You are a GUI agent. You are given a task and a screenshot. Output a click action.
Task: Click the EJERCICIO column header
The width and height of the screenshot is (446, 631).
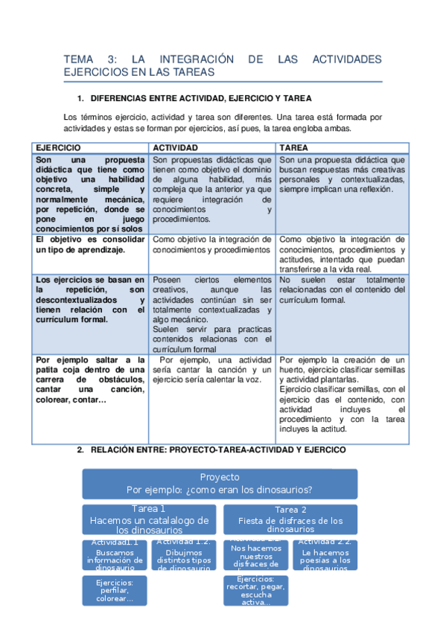tap(58, 148)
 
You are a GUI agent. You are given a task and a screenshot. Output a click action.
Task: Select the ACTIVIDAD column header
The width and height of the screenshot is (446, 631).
tap(175, 148)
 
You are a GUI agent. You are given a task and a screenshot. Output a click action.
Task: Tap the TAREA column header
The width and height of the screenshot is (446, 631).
tap(295, 148)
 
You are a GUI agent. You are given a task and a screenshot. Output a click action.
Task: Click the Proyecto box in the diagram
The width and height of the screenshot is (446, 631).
tap(220, 483)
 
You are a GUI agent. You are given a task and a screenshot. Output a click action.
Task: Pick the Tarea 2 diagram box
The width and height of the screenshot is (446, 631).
tap(290, 519)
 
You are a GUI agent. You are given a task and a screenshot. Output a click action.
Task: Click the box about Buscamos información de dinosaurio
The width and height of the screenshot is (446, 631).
tap(115, 555)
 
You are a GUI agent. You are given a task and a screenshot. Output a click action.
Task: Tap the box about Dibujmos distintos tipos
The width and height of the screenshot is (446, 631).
tap(185, 555)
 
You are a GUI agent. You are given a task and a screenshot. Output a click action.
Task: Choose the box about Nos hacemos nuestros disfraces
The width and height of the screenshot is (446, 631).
tap(256, 555)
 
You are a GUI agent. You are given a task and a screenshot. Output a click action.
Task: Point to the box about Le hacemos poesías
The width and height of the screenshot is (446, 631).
tap(325, 555)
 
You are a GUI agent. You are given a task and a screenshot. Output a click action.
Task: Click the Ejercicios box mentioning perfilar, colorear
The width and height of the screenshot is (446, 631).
tap(115, 590)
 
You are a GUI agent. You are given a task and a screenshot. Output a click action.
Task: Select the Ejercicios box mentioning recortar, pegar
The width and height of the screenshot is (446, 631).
tap(256, 590)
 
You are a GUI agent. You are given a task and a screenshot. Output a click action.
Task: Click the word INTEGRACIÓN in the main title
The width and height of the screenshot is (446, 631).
tap(191, 60)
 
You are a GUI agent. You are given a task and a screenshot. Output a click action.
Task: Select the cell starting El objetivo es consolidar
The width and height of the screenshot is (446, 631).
tap(90, 245)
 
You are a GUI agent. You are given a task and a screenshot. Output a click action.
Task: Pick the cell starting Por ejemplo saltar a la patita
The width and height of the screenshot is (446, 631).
tap(90, 379)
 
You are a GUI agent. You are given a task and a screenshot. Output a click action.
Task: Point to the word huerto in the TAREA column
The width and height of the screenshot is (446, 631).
tap(293, 369)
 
